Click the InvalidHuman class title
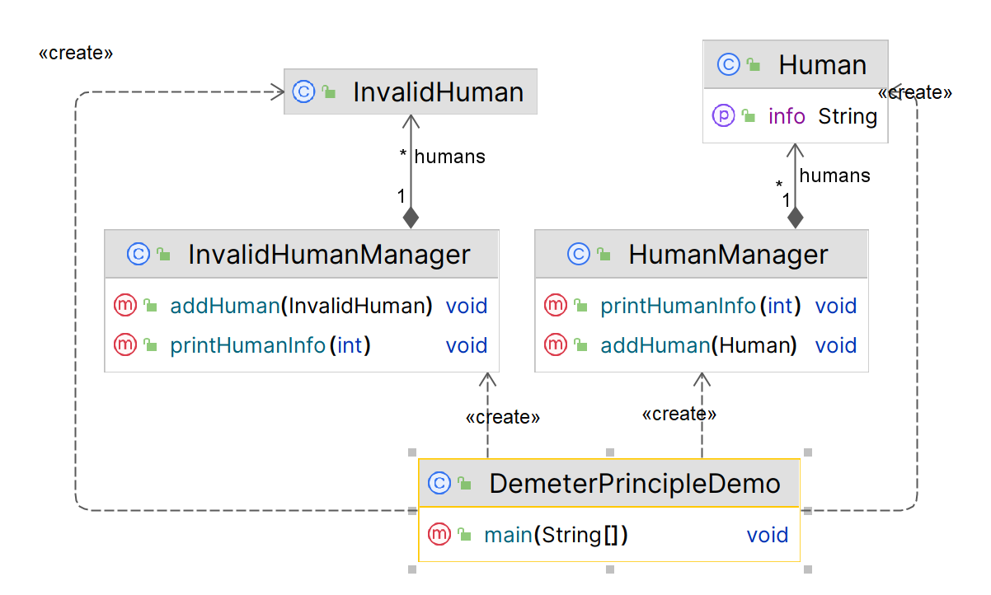click(x=438, y=91)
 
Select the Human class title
click(x=822, y=65)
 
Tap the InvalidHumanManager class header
click(x=328, y=254)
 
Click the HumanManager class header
click(x=727, y=254)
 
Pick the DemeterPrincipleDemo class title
click(x=634, y=483)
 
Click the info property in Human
click(x=786, y=116)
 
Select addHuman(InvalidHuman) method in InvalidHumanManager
click(x=301, y=306)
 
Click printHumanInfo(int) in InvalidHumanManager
click(x=270, y=345)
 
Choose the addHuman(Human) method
click(x=698, y=345)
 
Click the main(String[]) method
click(x=556, y=535)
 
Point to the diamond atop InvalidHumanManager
click(x=411, y=218)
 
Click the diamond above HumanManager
click(x=795, y=218)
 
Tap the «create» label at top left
click(x=76, y=54)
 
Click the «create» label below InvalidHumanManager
click(x=503, y=417)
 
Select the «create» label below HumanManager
click(x=679, y=414)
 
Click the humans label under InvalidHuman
click(x=449, y=157)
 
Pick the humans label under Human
click(x=834, y=176)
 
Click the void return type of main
click(x=768, y=535)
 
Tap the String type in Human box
click(x=848, y=116)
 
